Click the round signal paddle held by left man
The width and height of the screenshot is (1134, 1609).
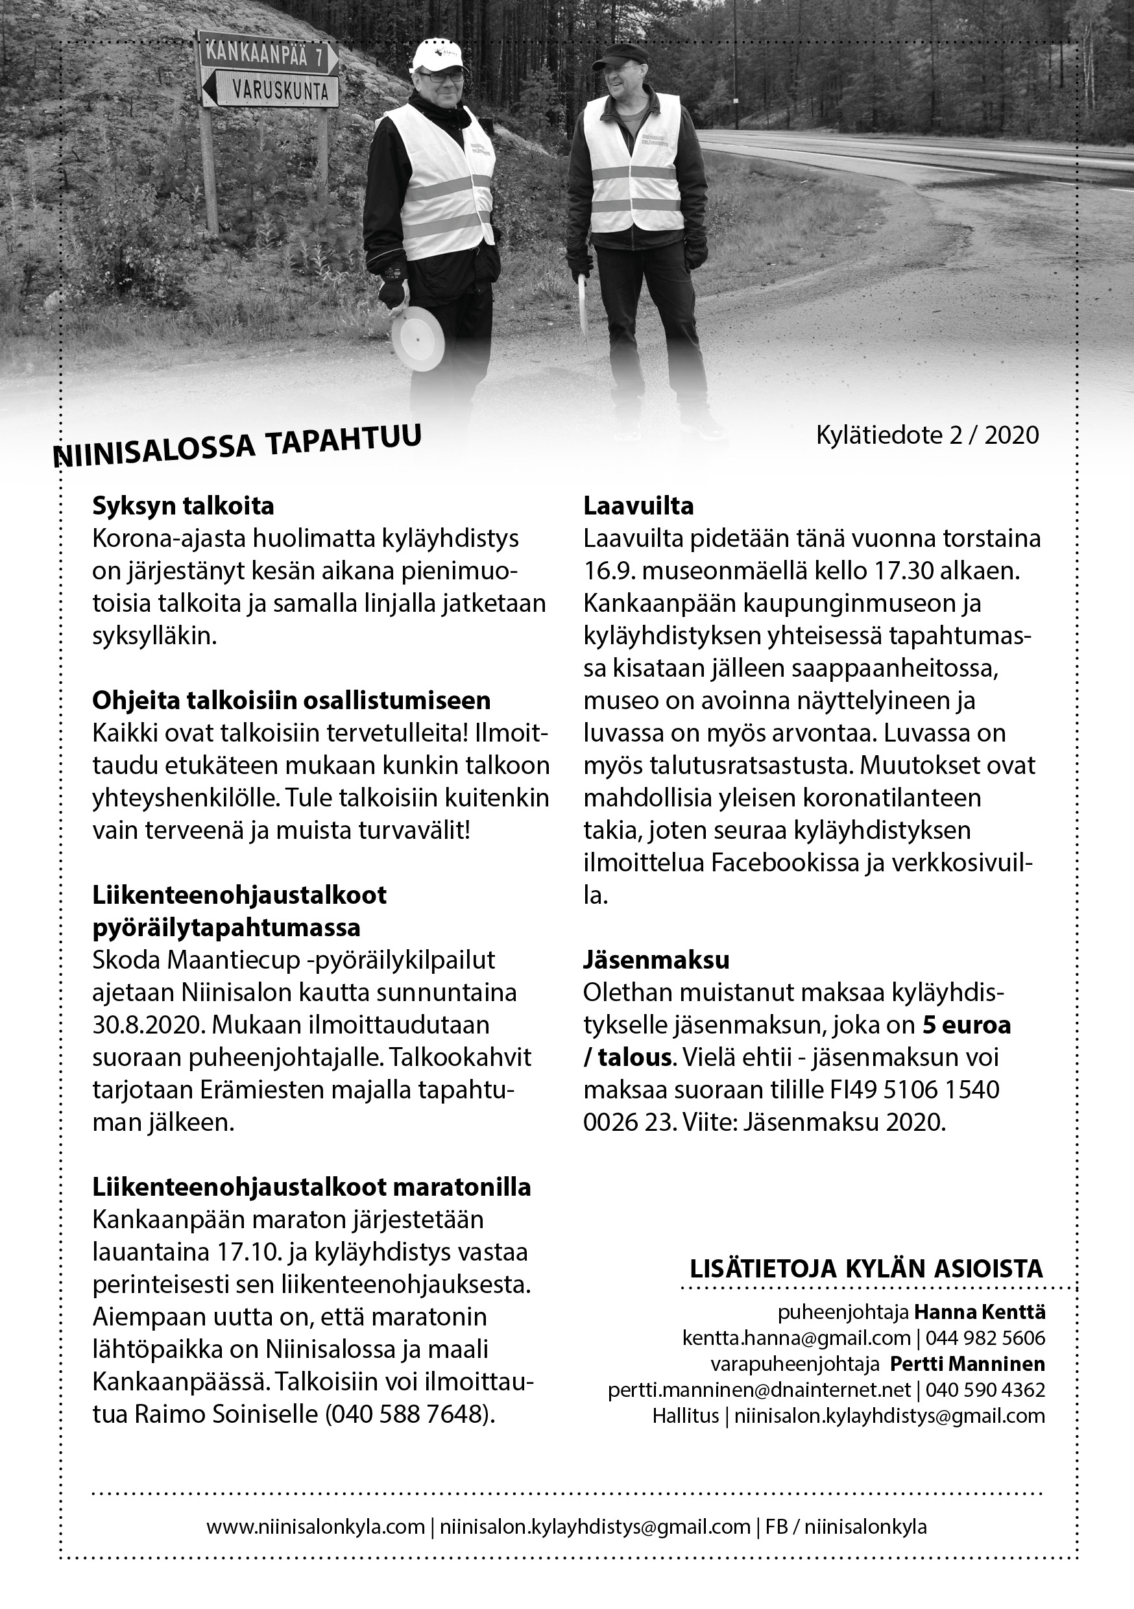click(418, 343)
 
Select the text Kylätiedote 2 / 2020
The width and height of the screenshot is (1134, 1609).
click(927, 435)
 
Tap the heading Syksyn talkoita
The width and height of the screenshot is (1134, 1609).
click(183, 506)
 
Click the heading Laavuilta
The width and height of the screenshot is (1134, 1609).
click(638, 506)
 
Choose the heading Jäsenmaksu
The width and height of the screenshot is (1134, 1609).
click(656, 960)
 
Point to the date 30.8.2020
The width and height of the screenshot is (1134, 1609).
click(147, 1025)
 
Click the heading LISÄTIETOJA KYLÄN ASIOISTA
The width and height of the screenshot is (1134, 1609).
click(866, 1269)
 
